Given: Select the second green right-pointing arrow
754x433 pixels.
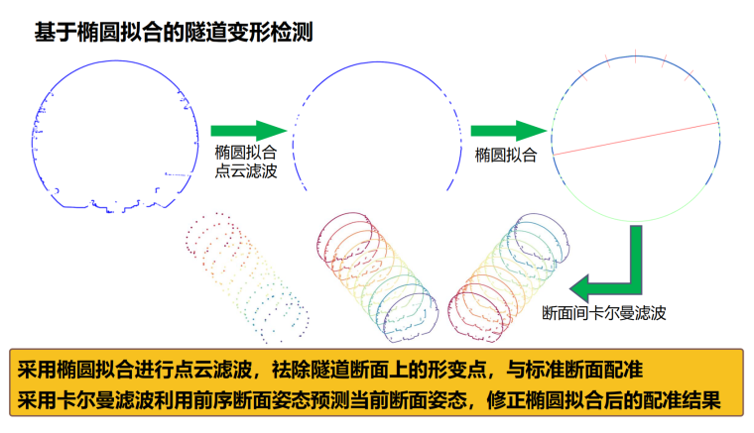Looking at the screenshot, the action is point(509,131).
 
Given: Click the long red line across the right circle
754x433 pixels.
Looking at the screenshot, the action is point(635,139).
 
